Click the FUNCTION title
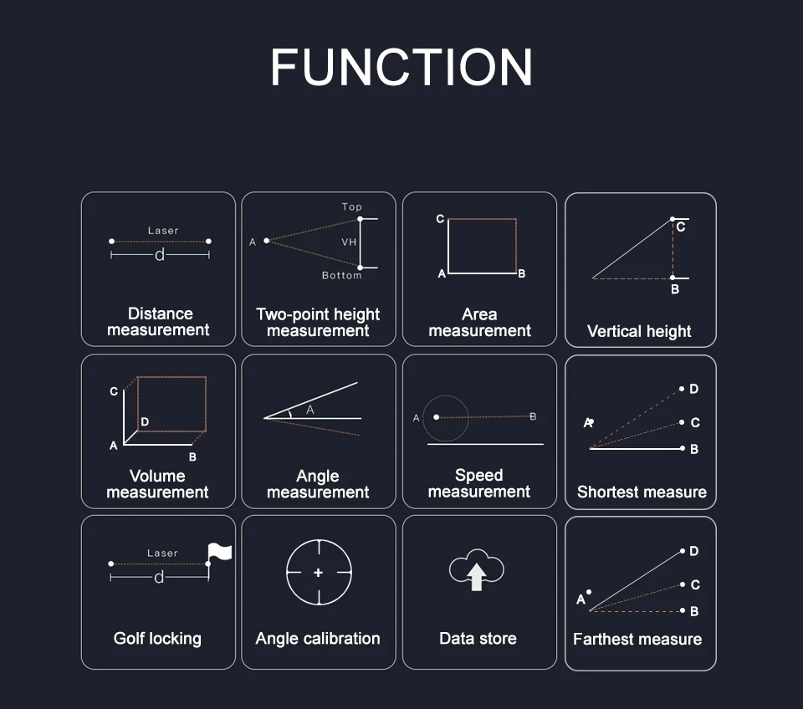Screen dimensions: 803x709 pos(401,67)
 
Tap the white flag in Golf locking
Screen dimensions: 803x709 pos(219,552)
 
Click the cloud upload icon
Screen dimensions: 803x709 pos(477,572)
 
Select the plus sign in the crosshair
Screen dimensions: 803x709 pos(318,573)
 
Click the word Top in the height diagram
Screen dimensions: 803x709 pos(351,207)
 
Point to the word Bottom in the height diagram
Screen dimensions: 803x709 pos(341,275)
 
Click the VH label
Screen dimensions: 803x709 pos(349,242)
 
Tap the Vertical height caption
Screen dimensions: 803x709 pos(639,331)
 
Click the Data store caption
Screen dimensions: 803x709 pos(478,639)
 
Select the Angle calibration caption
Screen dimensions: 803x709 pos(318,639)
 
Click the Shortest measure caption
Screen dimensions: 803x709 pos(642,492)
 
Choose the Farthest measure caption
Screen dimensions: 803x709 pos(637,640)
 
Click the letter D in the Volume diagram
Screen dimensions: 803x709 pos(145,422)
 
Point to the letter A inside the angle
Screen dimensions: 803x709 pos(310,410)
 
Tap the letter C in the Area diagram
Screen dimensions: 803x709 pos(440,219)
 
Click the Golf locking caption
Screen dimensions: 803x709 pos(157,639)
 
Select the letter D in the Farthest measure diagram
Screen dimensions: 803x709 pos(694,552)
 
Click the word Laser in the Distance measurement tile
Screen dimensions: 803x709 pos(163,231)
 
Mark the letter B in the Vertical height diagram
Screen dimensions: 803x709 pos(675,289)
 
